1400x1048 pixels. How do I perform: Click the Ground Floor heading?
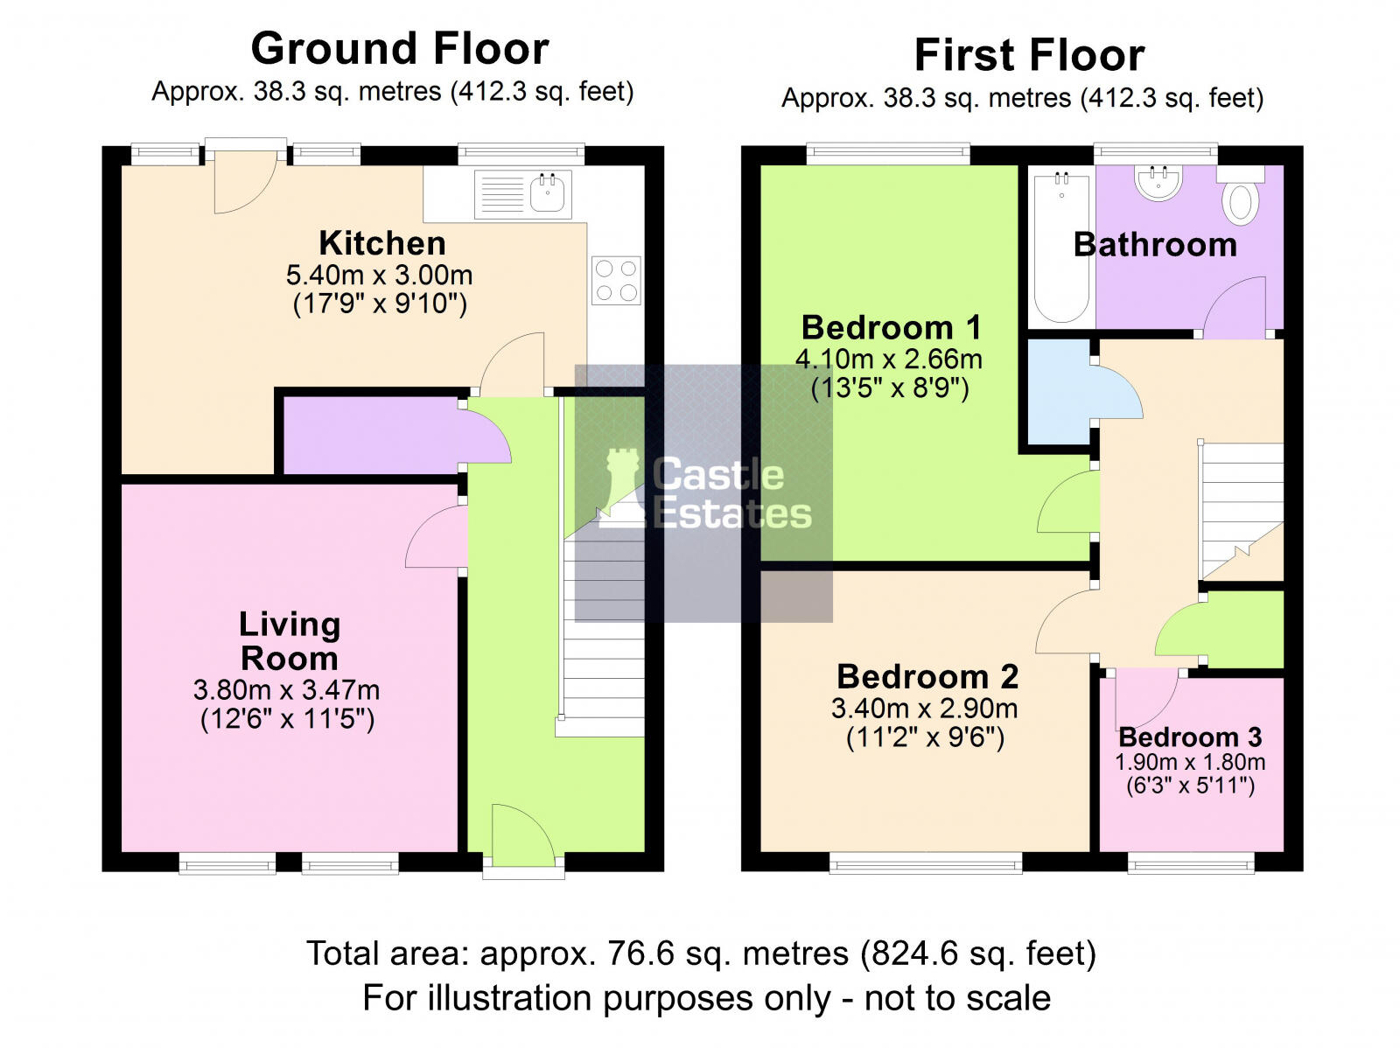[x=399, y=48]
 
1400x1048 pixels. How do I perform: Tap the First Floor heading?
[x=1029, y=55]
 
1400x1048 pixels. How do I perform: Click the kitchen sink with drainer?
[x=523, y=194]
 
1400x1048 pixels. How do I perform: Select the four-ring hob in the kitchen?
[x=616, y=281]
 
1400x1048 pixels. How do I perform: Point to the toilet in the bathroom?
[x=1241, y=195]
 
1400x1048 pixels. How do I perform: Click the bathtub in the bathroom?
[x=1061, y=248]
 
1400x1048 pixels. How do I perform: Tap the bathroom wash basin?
[x=1158, y=183]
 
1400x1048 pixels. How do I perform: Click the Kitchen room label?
[x=382, y=243]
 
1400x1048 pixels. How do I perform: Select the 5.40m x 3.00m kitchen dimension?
[x=380, y=275]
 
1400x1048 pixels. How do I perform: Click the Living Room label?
[x=290, y=640]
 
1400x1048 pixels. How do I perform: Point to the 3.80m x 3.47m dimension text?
[x=286, y=689]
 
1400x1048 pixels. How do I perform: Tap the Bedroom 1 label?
[x=891, y=328]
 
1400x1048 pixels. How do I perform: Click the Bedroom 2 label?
[x=927, y=676]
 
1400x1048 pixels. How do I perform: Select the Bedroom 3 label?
[x=1190, y=737]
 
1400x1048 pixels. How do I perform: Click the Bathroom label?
[x=1155, y=245]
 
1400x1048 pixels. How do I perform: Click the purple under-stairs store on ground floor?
[x=373, y=436]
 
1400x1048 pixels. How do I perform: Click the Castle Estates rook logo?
[x=622, y=487]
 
